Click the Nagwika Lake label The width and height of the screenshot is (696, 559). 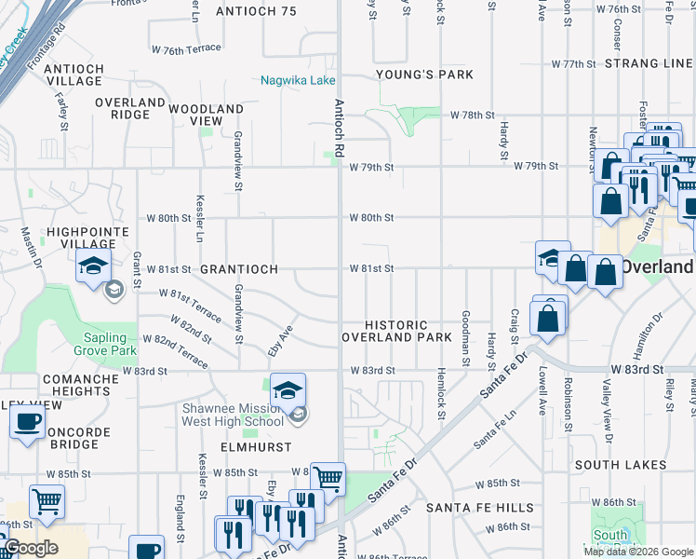[298, 81]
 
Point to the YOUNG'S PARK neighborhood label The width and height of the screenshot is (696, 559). [424, 75]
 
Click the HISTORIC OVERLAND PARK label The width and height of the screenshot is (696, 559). [397, 331]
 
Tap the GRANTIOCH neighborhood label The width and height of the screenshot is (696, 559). [239, 269]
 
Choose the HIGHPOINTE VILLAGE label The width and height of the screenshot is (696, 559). [55, 237]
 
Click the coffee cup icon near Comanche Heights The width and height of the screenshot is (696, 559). [26, 422]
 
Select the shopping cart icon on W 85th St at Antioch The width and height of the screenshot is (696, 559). [327, 478]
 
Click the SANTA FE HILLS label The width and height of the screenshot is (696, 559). [480, 508]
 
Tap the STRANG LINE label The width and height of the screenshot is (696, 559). [648, 63]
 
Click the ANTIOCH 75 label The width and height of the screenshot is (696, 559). [255, 11]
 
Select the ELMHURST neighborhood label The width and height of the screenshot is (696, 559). [221, 446]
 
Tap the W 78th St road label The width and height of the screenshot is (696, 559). [471, 115]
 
